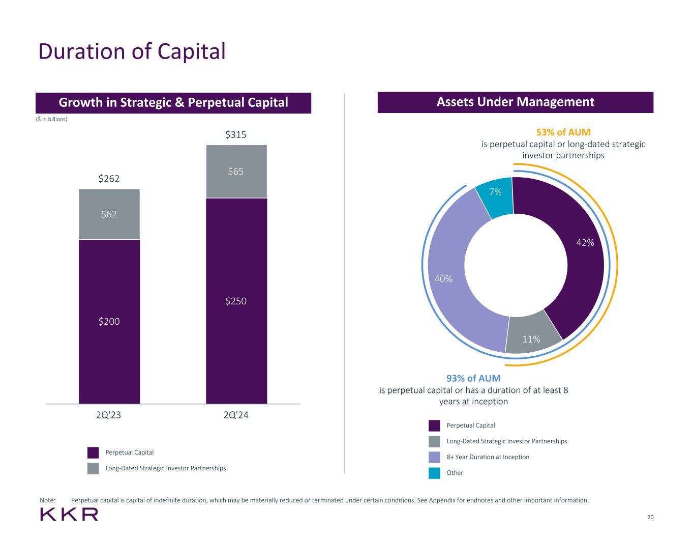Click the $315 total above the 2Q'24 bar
236,135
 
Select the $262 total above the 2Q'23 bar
109,179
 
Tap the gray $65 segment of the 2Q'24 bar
236,172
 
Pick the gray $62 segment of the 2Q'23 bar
109,214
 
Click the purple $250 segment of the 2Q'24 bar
236,301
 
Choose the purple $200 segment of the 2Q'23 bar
109,321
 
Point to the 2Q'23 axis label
109,415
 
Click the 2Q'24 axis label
236,415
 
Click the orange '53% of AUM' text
563,132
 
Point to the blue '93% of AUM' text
473,378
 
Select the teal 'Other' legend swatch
434,473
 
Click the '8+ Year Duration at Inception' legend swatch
434,457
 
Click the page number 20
650,518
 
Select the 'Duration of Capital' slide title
132,51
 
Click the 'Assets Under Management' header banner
515,102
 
